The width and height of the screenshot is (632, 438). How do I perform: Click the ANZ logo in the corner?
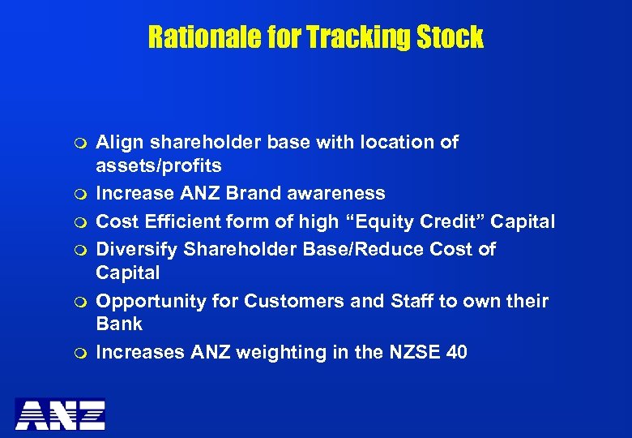[61, 414]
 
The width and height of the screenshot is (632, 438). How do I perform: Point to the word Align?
[118, 143]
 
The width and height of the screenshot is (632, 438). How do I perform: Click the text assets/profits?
[159, 167]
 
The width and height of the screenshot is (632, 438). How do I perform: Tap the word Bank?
[119, 324]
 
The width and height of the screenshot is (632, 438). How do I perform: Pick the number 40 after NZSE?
[455, 353]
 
